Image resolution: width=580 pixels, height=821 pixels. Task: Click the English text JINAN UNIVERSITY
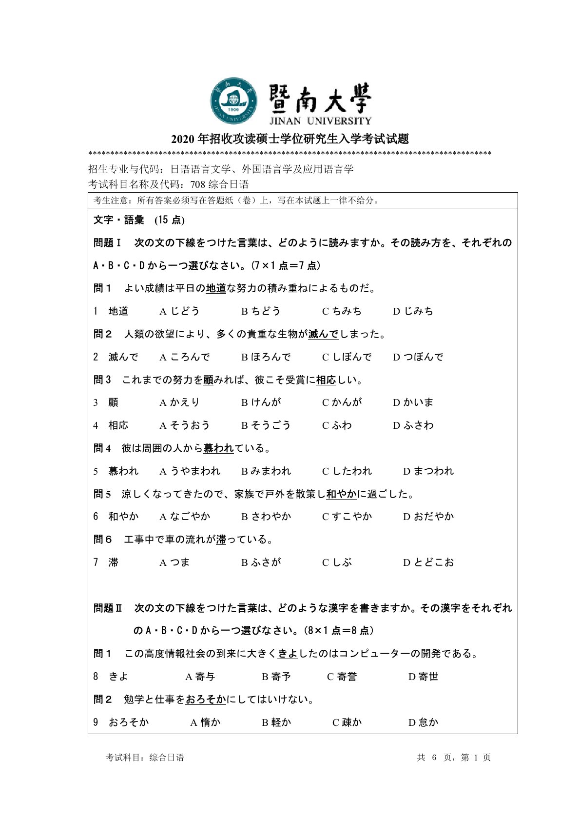320,120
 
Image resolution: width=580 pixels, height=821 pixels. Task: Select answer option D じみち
413,311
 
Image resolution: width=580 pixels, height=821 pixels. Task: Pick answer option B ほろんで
266,357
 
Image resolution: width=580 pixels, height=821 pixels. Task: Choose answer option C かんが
342,402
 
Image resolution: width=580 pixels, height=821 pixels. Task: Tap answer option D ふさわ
413,425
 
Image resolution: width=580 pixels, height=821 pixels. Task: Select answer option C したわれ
347,471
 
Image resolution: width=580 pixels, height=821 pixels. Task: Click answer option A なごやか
185,517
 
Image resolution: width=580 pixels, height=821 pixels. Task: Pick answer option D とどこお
428,562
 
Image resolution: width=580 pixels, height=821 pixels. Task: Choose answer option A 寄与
200,677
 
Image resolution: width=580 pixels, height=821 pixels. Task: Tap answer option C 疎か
347,722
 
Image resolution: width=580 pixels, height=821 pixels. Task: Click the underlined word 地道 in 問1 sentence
216,288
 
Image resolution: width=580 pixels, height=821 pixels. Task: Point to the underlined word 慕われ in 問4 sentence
218,448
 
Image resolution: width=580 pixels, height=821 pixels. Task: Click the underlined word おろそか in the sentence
206,700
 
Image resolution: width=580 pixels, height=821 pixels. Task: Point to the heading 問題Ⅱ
108,608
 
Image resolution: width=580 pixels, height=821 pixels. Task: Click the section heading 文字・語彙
118,220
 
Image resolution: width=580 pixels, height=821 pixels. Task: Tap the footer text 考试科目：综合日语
145,758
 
